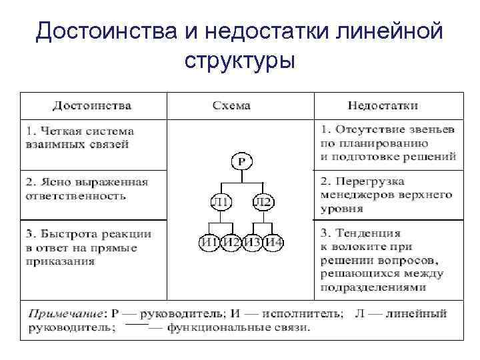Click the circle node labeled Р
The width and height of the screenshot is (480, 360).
tap(242, 161)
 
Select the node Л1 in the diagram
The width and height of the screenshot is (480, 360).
tap(221, 202)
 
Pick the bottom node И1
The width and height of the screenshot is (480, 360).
tap(209, 242)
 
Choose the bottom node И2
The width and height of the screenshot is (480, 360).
tap(231, 242)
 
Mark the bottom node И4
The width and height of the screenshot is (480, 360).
tap(274, 242)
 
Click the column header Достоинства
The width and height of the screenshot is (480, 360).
tap(92, 105)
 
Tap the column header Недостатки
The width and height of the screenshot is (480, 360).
tap(383, 105)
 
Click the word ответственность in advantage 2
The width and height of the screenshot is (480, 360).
tap(75, 196)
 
